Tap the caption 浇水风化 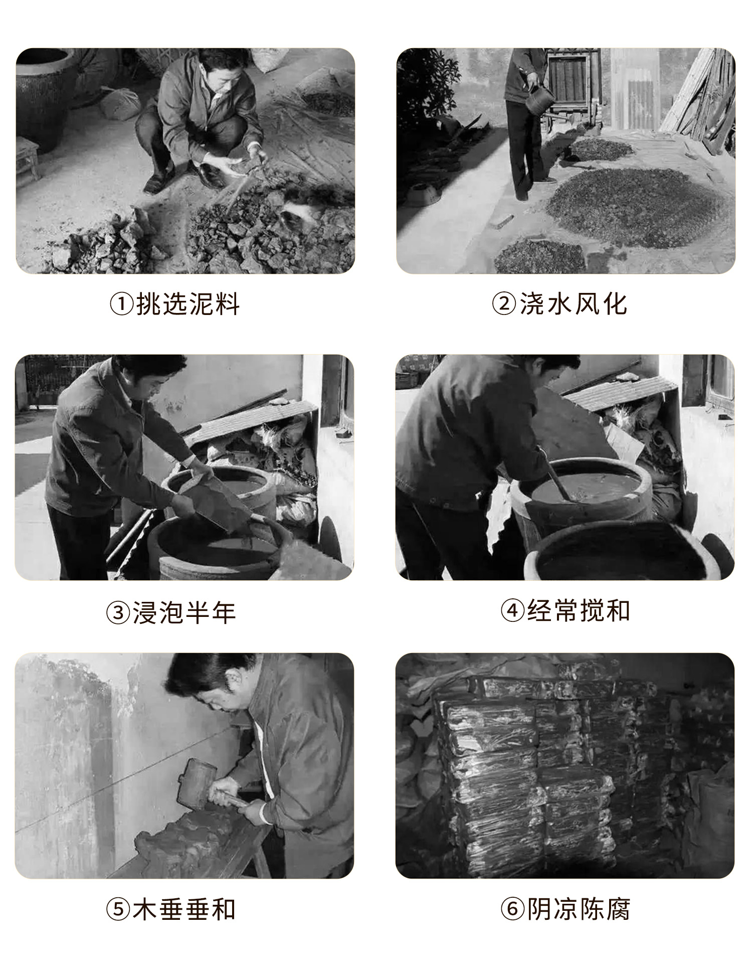coord(573,303)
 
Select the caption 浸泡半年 coord(184,613)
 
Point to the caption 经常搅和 coord(578,611)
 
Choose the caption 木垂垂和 coord(184,909)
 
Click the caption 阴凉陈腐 coord(578,909)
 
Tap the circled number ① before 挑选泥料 coord(121,304)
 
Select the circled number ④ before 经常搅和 coord(512,611)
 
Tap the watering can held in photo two coord(539,98)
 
